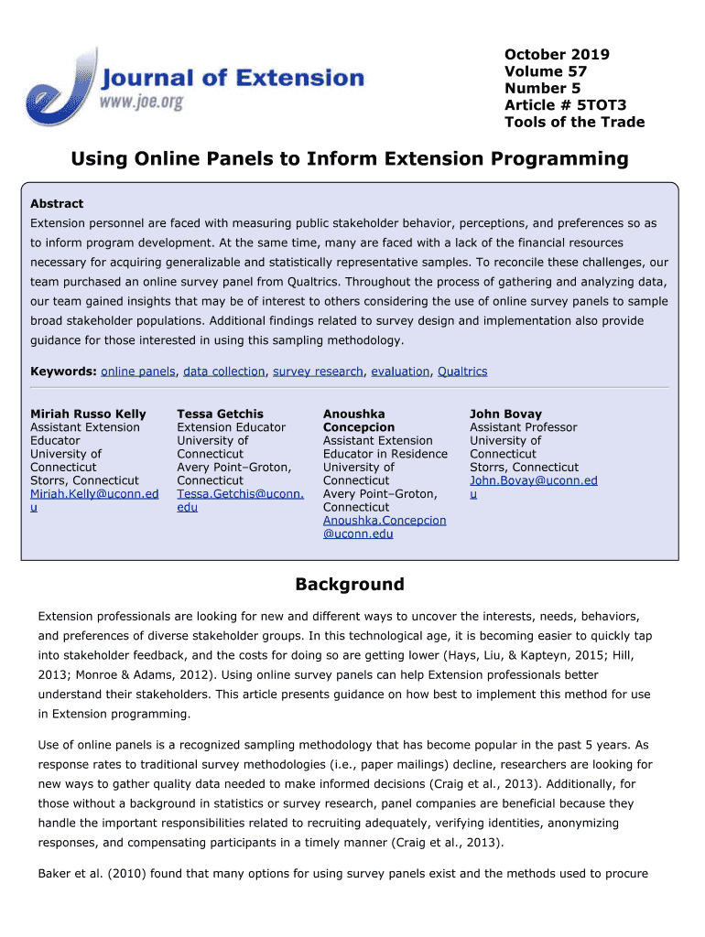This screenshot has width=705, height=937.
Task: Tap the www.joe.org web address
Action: (x=141, y=102)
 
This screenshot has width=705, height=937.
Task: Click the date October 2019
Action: (x=557, y=54)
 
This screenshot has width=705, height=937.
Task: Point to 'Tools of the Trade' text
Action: (x=574, y=123)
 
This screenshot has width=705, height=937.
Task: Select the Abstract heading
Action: (x=57, y=204)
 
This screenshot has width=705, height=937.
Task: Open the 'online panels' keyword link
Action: (x=138, y=372)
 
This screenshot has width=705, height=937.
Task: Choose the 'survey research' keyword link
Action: (x=319, y=372)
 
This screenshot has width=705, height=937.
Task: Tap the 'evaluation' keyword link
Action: (x=400, y=372)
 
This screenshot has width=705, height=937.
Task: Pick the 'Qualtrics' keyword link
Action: (x=462, y=372)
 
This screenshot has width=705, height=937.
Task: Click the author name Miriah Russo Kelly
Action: (x=88, y=415)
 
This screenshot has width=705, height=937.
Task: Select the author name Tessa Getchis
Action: (x=220, y=415)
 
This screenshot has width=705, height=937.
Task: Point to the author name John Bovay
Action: (x=505, y=415)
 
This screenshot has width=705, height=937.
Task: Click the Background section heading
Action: (x=349, y=585)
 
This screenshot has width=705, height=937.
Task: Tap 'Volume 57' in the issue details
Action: (x=546, y=71)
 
